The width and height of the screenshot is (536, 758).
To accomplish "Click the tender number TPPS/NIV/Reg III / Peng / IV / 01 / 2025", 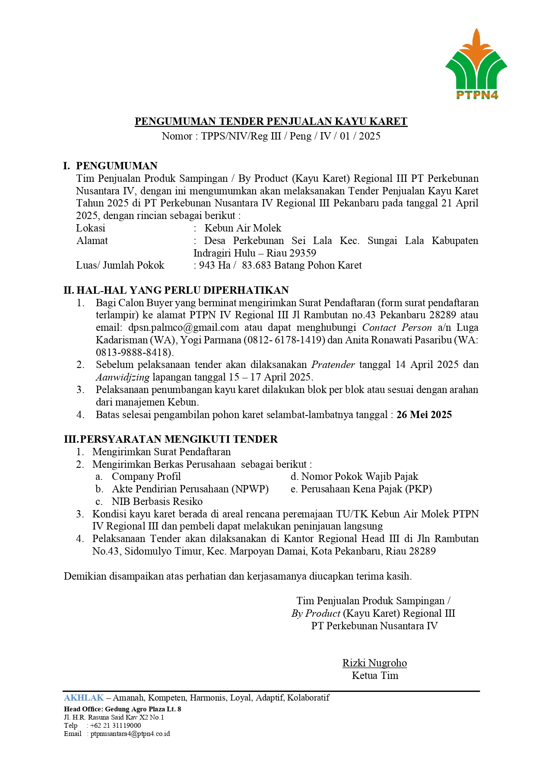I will click(x=291, y=136).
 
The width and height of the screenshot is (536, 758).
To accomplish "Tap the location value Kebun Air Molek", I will click(x=243, y=228).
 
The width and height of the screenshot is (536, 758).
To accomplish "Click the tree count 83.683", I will click(x=257, y=265).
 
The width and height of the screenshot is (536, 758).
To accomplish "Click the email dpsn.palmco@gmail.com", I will click(x=184, y=328).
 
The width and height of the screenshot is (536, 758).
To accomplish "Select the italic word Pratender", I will click(x=333, y=365).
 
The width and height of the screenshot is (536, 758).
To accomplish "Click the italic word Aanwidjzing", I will click(x=123, y=377).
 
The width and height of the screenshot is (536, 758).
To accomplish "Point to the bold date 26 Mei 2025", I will click(x=424, y=415).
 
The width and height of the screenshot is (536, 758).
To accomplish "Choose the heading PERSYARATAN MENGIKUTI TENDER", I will click(x=179, y=439).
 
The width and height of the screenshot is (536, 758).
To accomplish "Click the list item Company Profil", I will click(x=146, y=476).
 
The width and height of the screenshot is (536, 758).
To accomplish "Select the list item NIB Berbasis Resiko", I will click(x=157, y=501).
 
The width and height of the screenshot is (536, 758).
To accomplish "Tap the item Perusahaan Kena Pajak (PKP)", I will click(x=366, y=489).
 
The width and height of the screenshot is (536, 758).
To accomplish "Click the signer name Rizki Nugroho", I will click(x=374, y=663).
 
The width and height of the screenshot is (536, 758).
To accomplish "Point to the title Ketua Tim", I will click(x=375, y=676).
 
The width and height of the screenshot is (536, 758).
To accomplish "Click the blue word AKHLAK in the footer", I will click(x=84, y=698).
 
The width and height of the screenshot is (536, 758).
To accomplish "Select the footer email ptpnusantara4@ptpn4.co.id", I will click(x=130, y=734).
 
